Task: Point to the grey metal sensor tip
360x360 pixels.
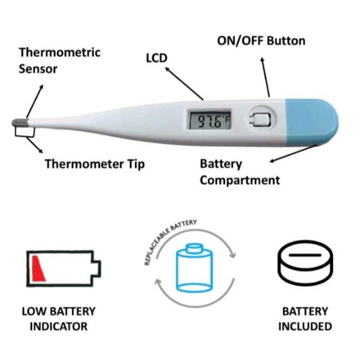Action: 18,122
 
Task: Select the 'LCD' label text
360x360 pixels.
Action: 156,58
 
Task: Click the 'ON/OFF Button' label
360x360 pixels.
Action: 261,41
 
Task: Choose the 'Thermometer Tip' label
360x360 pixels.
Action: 94,164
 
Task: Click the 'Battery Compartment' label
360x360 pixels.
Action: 239,172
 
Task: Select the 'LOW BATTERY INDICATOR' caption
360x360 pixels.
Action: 58,319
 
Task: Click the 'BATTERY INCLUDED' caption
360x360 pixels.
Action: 305,319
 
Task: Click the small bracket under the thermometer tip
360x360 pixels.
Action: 25,131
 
